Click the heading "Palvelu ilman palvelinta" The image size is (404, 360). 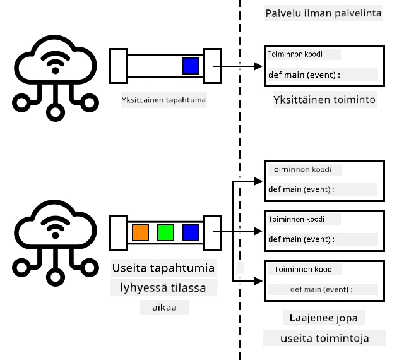click(323, 13)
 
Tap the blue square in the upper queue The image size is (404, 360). click(191, 66)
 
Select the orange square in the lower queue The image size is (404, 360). click(140, 232)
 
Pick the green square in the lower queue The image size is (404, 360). click(165, 232)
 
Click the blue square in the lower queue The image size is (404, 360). click(191, 232)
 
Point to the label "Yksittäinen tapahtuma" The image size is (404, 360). click(163, 100)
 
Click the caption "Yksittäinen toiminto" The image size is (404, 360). click(324, 100)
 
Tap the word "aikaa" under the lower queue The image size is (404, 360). click(164, 308)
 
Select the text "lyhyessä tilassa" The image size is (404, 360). click(163, 288)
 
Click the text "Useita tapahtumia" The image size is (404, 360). click(163, 268)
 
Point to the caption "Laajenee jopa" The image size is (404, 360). click(324, 318)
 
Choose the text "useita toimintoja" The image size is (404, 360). click(324, 338)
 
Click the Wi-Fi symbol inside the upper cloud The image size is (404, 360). click(55, 62)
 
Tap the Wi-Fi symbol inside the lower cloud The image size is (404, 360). click(55, 227)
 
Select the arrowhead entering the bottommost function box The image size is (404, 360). click(258, 281)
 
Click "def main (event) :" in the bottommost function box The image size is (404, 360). click(321, 290)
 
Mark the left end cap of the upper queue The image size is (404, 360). click(119, 66)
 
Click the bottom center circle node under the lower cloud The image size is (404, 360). click(55, 277)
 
